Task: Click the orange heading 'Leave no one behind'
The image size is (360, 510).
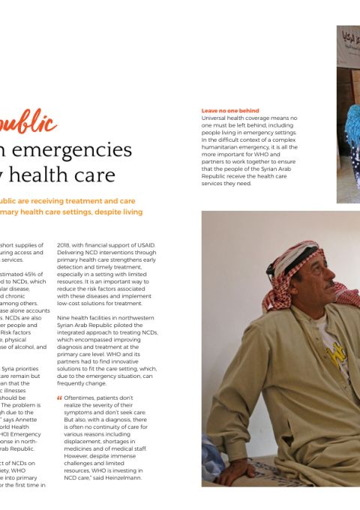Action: (230, 110)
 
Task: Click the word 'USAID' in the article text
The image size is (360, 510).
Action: (143, 245)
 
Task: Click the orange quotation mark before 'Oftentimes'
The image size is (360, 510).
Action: (60, 397)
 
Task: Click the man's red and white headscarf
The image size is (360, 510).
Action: (289, 270)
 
